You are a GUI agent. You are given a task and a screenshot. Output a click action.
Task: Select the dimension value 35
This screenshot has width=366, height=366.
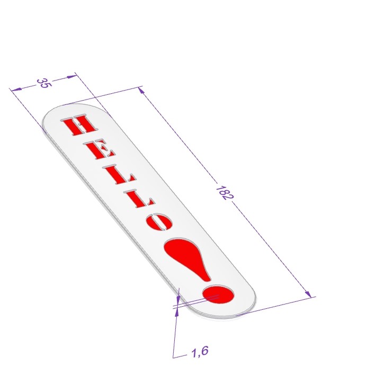pyautogui.click(x=43, y=83)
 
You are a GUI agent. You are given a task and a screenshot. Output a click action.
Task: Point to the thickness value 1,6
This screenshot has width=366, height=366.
pyautogui.click(x=199, y=351)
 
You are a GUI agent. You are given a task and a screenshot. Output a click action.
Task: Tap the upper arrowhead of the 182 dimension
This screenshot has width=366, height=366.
pyautogui.click(x=141, y=90)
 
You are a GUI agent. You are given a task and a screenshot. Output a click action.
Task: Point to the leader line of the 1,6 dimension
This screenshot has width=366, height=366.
pyautogui.click(x=175, y=334)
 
